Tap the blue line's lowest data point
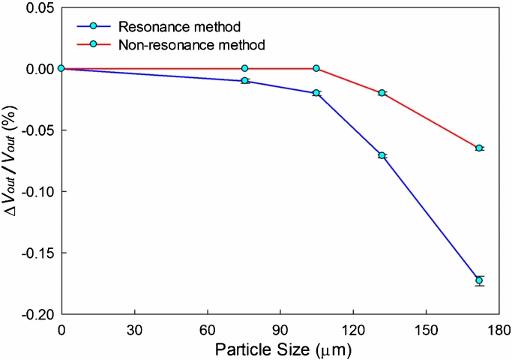click(479, 280)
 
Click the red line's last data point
click(479, 148)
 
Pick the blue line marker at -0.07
click(382, 155)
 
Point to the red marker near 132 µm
click(382, 93)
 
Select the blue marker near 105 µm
click(316, 93)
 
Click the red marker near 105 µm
click(316, 68)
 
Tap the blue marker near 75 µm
click(245, 80)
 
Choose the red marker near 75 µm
click(245, 68)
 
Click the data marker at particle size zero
click(61, 68)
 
